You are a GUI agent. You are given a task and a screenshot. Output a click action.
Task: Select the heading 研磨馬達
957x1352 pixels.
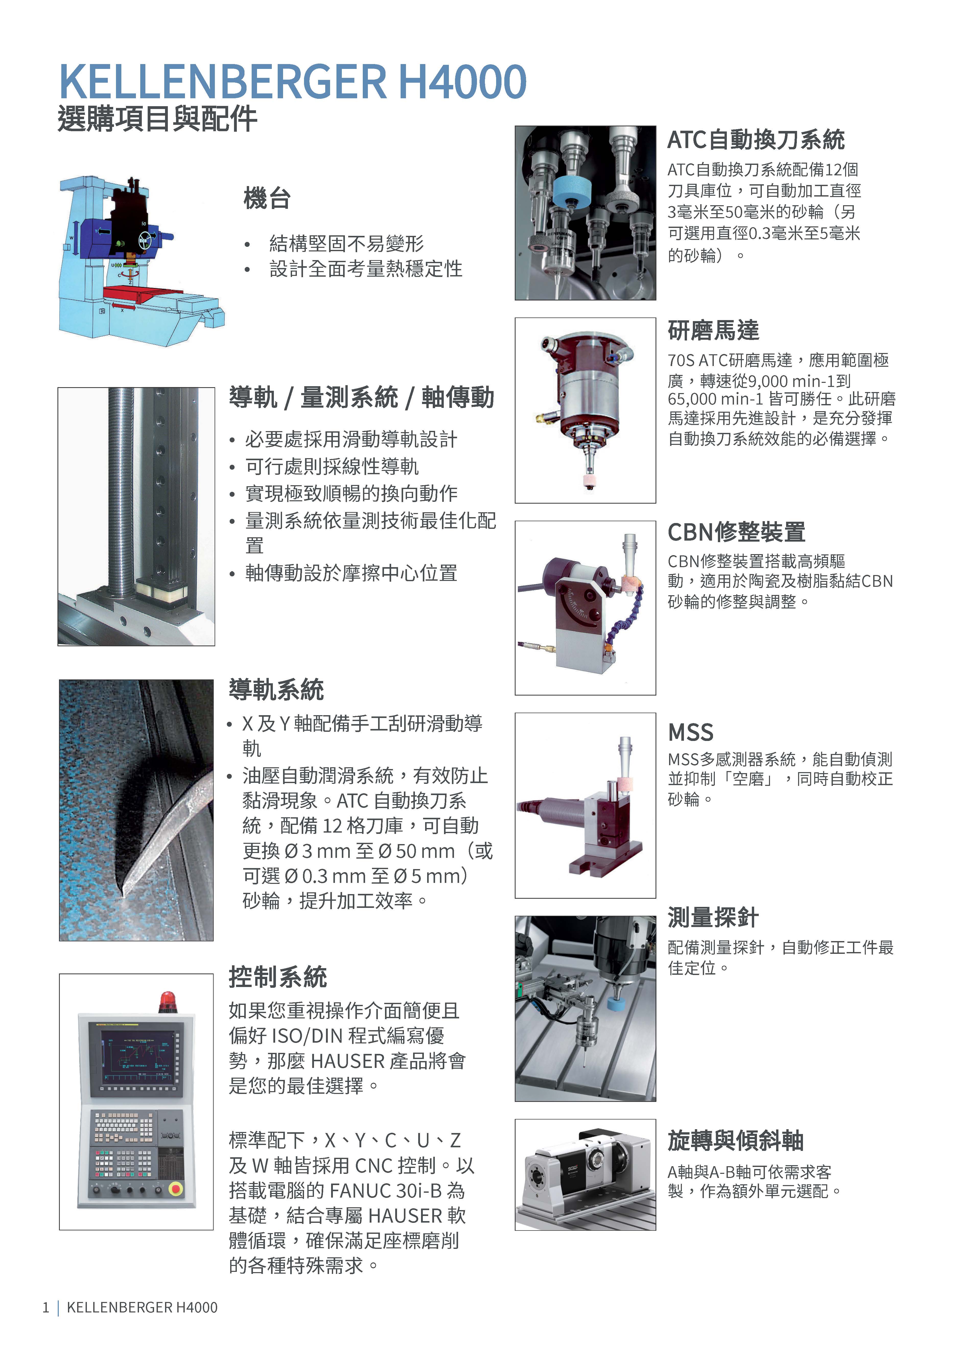(714, 330)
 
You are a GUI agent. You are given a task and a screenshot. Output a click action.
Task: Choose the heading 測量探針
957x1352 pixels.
(713, 917)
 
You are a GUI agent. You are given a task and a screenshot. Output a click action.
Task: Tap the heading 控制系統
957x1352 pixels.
(277, 977)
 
